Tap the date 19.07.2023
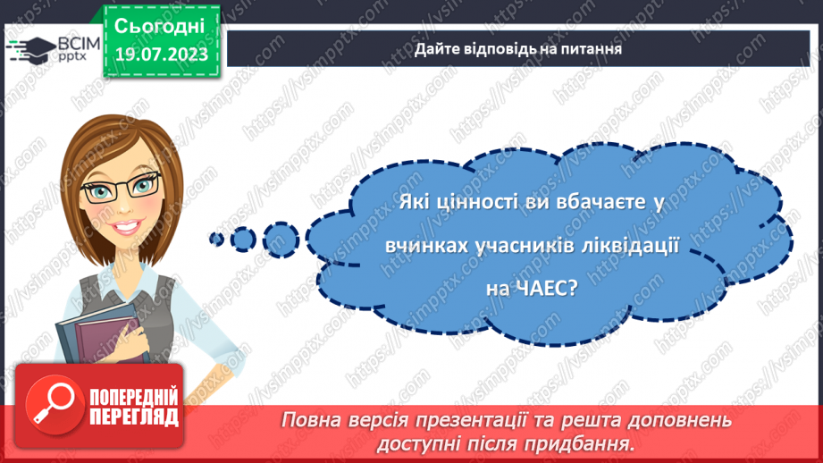tap(160, 54)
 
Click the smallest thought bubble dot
tap(215, 238)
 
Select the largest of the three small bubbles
tap(282, 239)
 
